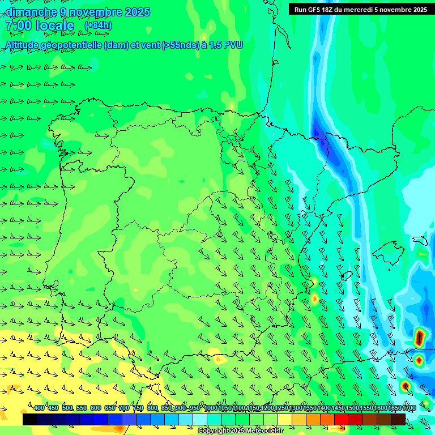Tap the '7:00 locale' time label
point(40,26)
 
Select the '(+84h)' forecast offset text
point(98,25)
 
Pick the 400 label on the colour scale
point(39,408)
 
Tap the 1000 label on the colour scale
point(211,408)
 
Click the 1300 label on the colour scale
point(296,408)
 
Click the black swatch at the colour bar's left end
point(30,419)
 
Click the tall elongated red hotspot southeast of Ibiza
point(419,338)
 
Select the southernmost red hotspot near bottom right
point(405,386)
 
